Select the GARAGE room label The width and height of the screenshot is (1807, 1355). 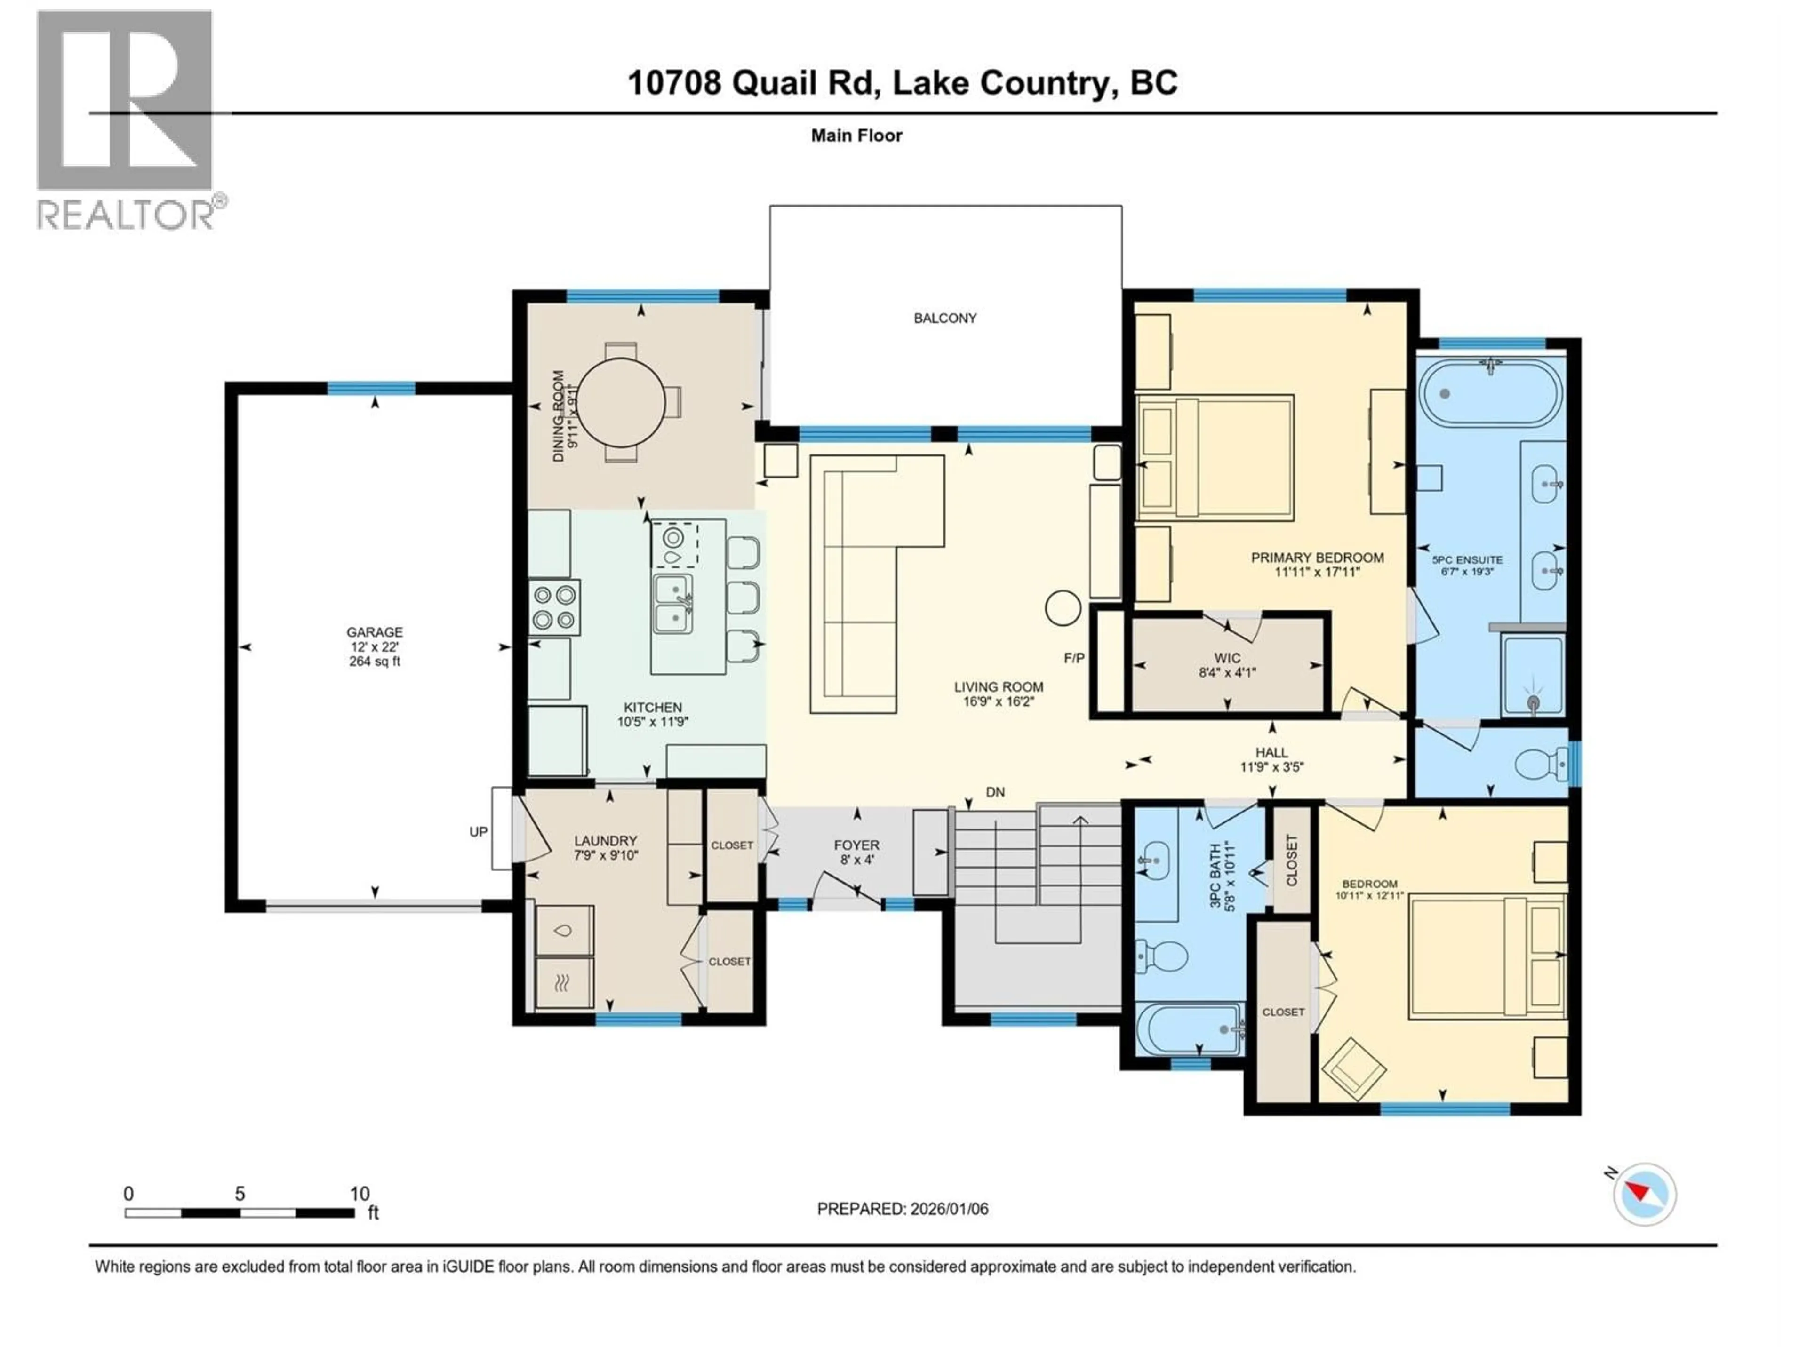coord(374,632)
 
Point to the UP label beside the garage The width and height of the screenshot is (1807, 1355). coord(478,831)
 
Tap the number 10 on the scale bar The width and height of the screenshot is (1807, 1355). coord(360,1193)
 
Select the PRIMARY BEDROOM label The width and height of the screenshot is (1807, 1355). coord(1317,558)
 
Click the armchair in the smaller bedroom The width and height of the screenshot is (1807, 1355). coord(1354,1069)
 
